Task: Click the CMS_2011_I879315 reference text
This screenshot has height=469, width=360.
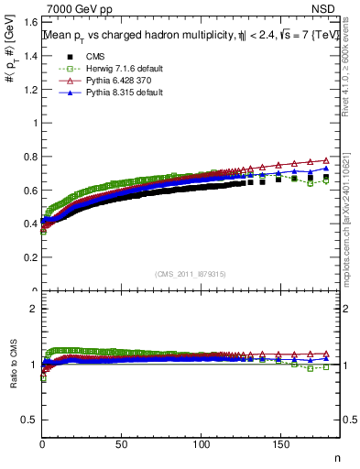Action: pos(181,275)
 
